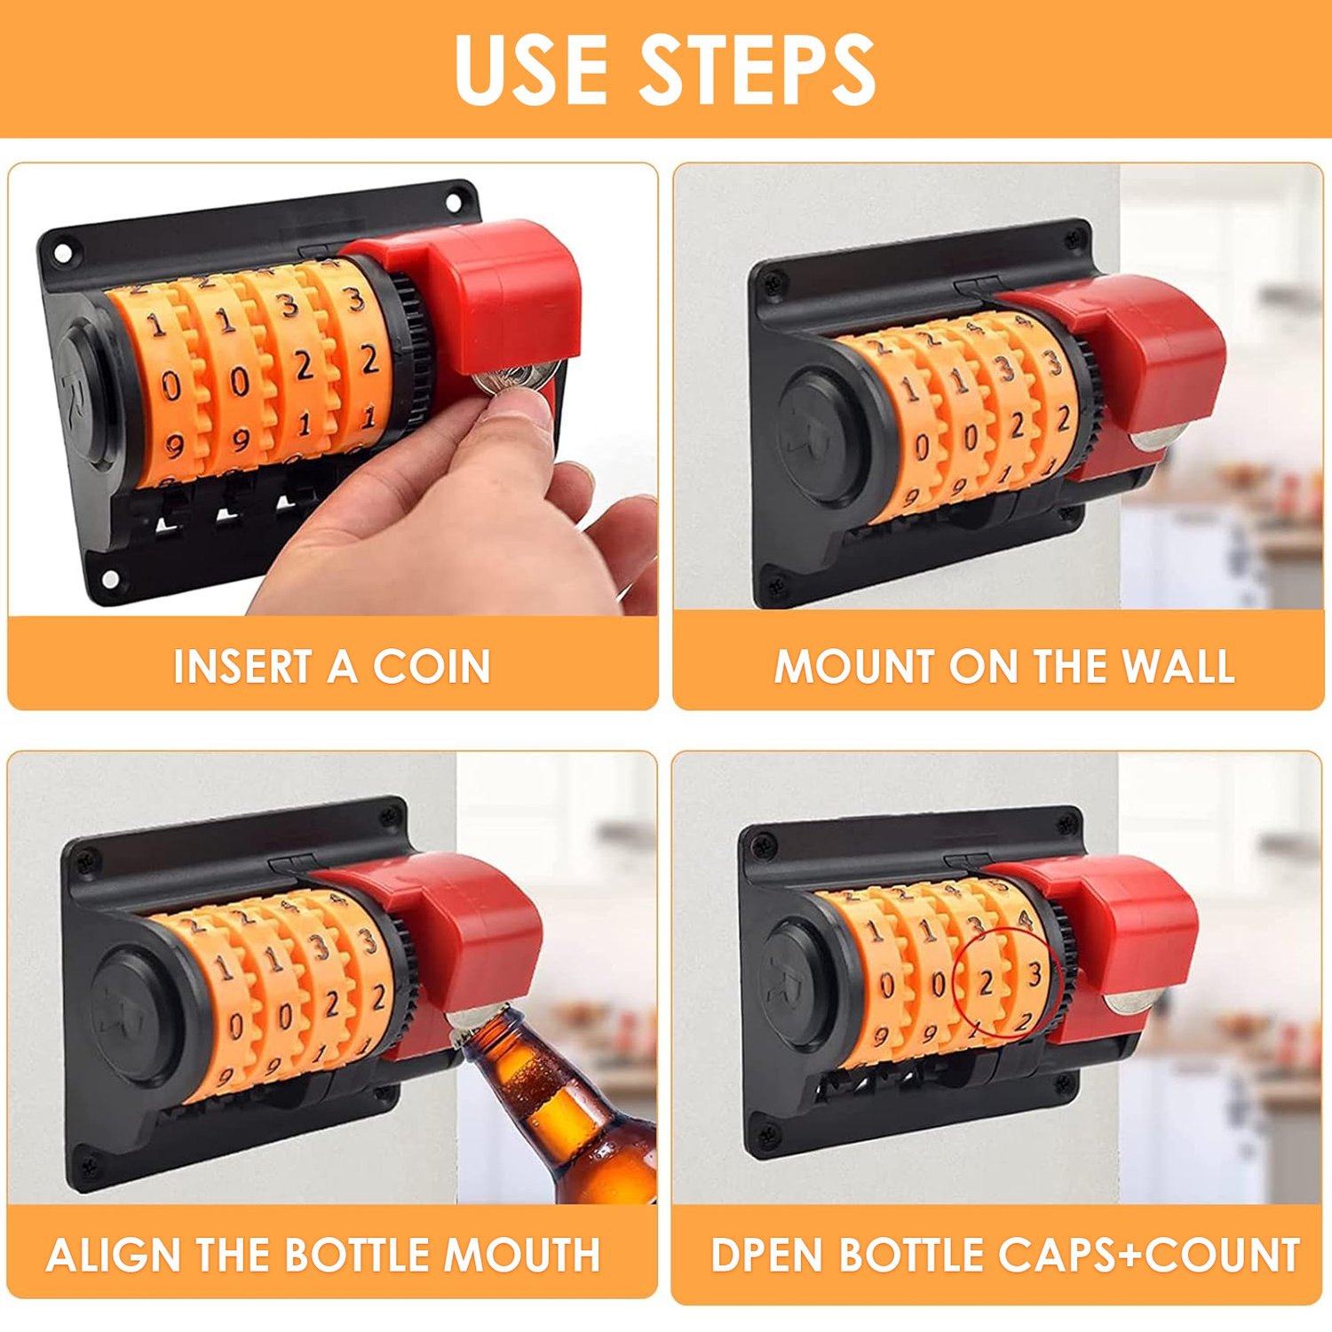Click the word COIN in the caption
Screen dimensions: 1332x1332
pyautogui.click(x=432, y=666)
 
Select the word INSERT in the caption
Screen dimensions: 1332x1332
pyautogui.click(x=242, y=666)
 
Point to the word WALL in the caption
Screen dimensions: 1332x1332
pyautogui.click(x=1178, y=666)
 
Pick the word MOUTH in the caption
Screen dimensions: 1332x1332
pyautogui.click(x=521, y=1255)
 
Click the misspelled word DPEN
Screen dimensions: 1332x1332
pyautogui.click(x=768, y=1255)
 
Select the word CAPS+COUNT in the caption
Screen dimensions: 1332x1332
pyautogui.click(x=1149, y=1255)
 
